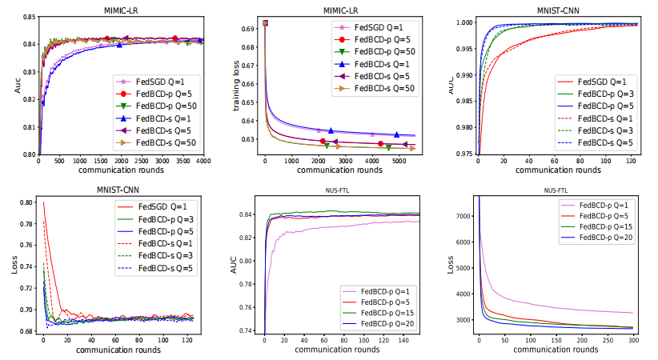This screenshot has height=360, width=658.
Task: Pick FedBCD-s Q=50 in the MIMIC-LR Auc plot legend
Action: click(x=166, y=142)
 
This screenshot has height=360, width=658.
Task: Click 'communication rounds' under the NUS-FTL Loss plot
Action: click(x=557, y=350)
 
